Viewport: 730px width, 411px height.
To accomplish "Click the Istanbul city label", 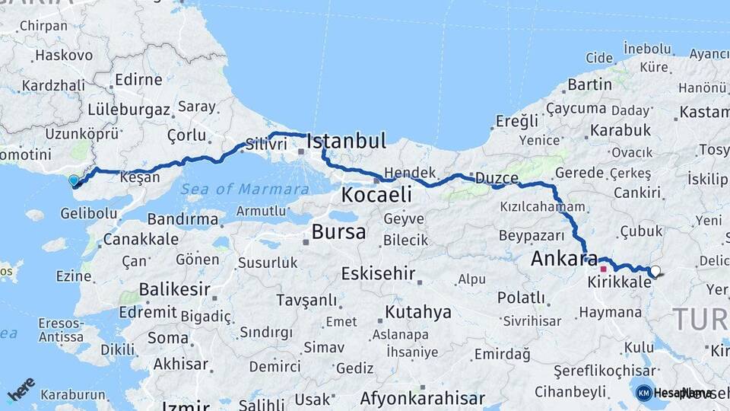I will (x=346, y=141).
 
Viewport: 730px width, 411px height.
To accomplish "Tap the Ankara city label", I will (x=563, y=258).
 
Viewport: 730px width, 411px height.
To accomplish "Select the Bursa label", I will (x=339, y=231).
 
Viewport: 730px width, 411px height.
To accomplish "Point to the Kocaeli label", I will (x=376, y=195).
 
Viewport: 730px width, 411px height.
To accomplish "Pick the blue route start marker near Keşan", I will (x=74, y=181).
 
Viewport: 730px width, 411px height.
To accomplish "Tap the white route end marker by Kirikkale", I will (x=654, y=270).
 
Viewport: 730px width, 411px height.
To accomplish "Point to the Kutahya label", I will (x=418, y=312).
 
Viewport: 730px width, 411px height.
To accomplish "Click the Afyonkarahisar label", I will (x=422, y=398).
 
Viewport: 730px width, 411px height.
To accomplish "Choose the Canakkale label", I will (x=141, y=239).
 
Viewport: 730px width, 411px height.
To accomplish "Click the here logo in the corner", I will (x=21, y=389).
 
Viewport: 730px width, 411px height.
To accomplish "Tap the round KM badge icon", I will (x=643, y=393).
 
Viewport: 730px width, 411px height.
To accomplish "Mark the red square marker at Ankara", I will (x=603, y=269).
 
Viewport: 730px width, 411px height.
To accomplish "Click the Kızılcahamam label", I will (x=542, y=206).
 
